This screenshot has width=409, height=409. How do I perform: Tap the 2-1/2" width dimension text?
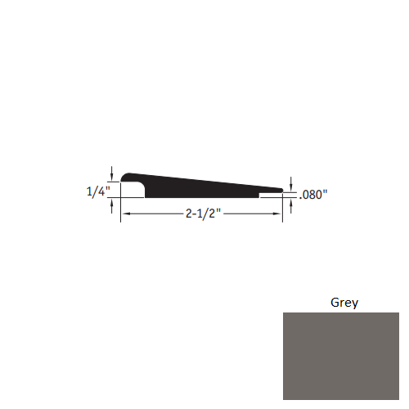click(x=200, y=214)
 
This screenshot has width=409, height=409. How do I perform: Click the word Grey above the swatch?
click(x=344, y=302)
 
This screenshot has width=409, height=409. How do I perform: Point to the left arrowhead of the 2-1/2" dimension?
click(x=125, y=213)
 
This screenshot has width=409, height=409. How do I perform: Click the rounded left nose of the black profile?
click(x=124, y=178)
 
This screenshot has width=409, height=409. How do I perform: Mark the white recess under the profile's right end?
click(x=271, y=196)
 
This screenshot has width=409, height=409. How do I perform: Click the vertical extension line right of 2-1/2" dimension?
click(x=283, y=209)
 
